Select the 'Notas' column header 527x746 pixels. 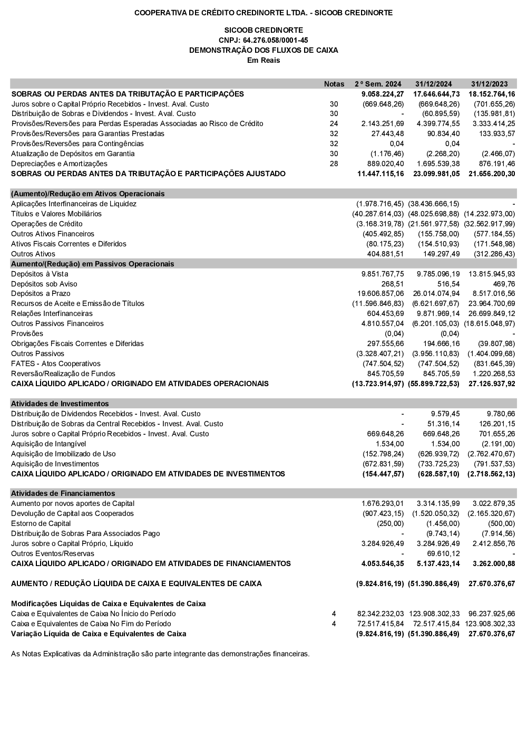334,84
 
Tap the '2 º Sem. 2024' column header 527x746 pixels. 378,84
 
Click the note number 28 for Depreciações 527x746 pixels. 334,164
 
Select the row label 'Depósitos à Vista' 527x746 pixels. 40,274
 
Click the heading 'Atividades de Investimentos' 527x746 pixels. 60,404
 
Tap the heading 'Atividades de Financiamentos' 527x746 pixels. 63,493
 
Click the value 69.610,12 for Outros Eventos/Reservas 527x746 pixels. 443,553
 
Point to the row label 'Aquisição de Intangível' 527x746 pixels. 48,444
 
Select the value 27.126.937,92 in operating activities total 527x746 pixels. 492,384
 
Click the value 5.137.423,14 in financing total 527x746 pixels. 438,563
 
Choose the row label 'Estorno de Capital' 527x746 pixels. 41,523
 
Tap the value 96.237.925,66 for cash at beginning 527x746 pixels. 492,614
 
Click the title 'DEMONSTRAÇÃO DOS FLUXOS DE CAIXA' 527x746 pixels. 263,50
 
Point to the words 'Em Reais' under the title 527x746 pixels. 263,60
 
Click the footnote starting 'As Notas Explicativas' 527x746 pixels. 160,654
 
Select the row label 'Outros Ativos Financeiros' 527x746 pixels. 53,234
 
